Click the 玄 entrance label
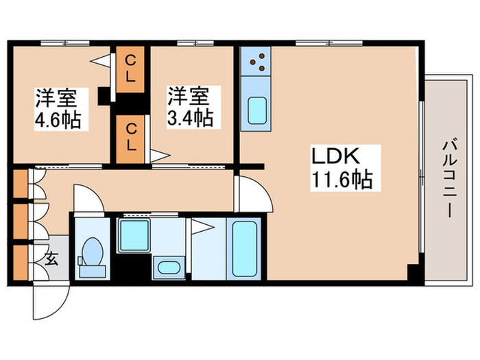(x=51, y=259)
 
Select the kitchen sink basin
(x=257, y=110)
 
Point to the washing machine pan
(x=134, y=235)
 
